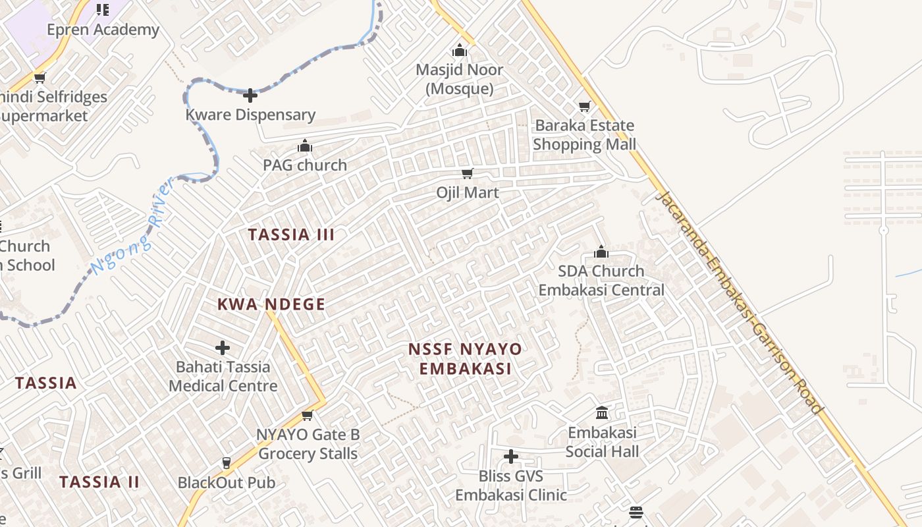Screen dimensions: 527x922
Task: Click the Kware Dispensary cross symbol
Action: [x=250, y=96]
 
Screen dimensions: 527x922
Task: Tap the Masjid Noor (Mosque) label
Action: [x=460, y=79]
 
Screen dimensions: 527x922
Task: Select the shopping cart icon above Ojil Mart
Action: [x=468, y=174]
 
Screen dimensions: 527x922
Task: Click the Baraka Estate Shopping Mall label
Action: [x=584, y=135]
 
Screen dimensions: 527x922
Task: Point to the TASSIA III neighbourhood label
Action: [x=291, y=235]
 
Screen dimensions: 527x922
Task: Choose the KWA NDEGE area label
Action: [x=271, y=304]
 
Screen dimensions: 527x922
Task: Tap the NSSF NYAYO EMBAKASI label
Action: [x=465, y=359]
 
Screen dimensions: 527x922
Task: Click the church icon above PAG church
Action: [x=305, y=146]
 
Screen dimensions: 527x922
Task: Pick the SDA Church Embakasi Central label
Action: [x=601, y=281]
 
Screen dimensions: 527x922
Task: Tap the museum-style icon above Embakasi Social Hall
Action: [x=602, y=413]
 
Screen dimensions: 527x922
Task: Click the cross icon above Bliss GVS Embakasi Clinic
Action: [x=511, y=456]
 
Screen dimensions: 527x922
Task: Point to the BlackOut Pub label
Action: [x=227, y=483]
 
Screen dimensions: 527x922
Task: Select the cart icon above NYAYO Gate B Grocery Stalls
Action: [x=307, y=416]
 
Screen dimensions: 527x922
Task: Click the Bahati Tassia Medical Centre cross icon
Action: [x=223, y=347]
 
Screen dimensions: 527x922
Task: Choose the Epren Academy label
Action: [x=103, y=30]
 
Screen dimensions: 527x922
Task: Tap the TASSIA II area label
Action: [x=99, y=482]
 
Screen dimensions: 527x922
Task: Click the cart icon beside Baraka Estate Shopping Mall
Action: [x=584, y=106]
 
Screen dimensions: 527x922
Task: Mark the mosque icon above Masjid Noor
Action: [x=460, y=51]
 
